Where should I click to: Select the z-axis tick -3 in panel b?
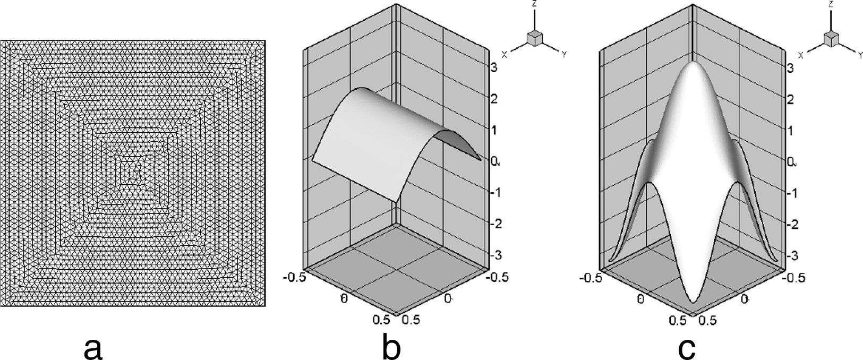(495, 255)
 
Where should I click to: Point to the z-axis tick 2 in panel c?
(790, 99)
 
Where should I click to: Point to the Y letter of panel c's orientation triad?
(859, 55)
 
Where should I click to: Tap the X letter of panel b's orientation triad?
(504, 55)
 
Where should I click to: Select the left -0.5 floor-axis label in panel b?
(293, 280)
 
